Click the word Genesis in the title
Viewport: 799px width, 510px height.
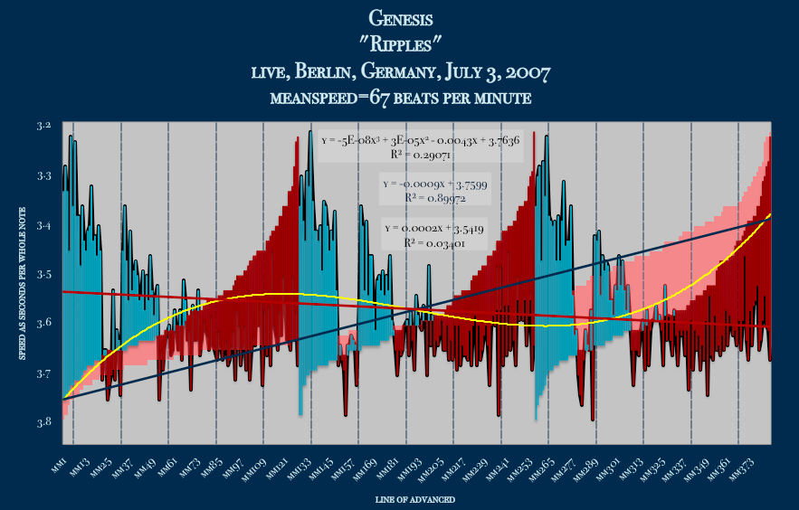[x=401, y=17]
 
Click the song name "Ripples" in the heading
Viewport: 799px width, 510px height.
[x=401, y=42]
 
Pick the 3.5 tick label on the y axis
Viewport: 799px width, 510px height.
[x=44, y=274]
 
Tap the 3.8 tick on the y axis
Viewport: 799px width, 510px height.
[x=44, y=421]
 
